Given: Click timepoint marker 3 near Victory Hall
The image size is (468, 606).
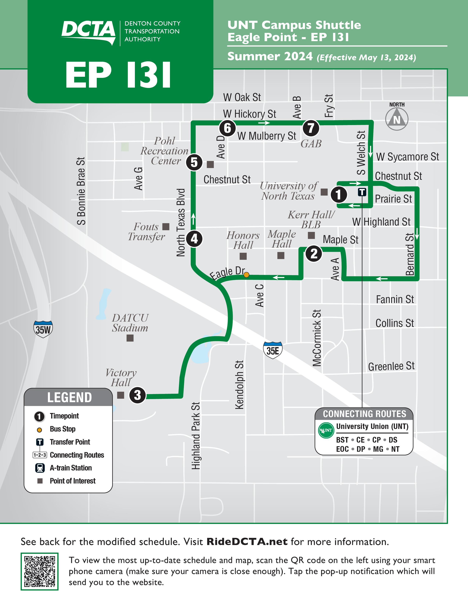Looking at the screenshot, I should [x=137, y=395].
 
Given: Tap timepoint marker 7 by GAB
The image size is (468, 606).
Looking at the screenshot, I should [x=311, y=128].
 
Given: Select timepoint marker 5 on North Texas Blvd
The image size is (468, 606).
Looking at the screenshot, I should [x=194, y=162].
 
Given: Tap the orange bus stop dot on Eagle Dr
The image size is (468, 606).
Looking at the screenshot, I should [x=246, y=275].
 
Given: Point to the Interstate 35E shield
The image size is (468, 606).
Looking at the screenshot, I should [x=273, y=350].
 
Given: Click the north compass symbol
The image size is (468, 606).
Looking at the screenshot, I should [x=397, y=119].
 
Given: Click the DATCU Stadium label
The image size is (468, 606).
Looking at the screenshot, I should [x=130, y=323].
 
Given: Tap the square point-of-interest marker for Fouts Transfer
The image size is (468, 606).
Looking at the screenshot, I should [x=166, y=227].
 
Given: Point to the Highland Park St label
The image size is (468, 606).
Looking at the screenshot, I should [x=196, y=436].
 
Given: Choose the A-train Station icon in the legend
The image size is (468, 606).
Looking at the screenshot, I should [x=40, y=468].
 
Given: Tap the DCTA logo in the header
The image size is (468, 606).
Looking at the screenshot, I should [x=88, y=32].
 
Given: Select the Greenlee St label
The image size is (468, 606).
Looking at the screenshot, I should [x=391, y=366].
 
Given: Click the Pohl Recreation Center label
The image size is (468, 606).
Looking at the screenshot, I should [x=164, y=151].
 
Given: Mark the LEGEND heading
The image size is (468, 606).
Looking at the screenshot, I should [x=69, y=397].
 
